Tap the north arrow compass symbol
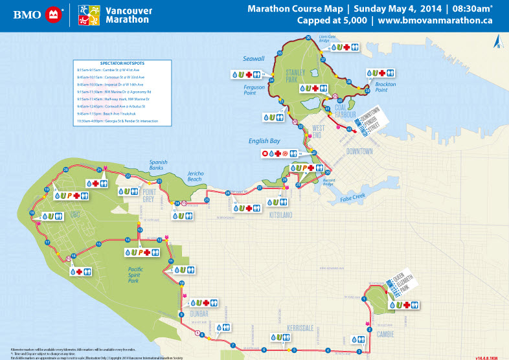[x=495, y=41]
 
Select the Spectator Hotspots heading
[x=119, y=63]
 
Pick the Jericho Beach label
[x=194, y=177]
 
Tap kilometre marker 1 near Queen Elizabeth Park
[x=365, y=298]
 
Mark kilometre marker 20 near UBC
[x=65, y=170]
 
